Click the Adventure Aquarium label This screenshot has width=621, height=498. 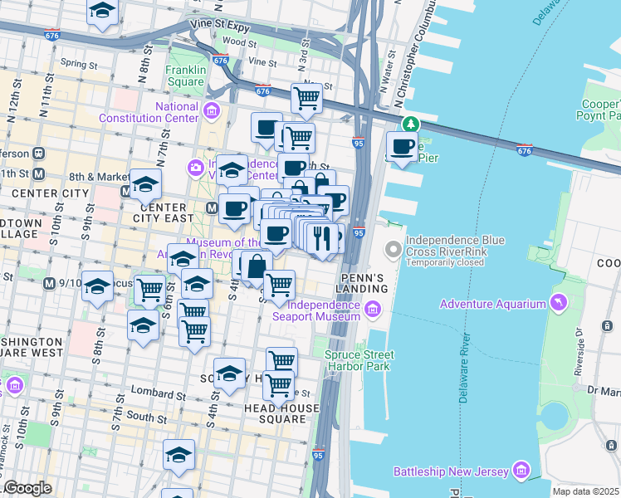coord(491,305)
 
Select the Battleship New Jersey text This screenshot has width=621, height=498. coord(451,471)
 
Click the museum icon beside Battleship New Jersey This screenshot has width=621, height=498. coord(521,471)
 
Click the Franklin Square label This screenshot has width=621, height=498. coord(184,76)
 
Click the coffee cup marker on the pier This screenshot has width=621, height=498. coord(403,148)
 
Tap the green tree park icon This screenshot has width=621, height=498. coord(409,125)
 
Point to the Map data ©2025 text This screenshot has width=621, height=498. coord(585,491)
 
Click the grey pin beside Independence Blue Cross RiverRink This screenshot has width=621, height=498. coord(394,249)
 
